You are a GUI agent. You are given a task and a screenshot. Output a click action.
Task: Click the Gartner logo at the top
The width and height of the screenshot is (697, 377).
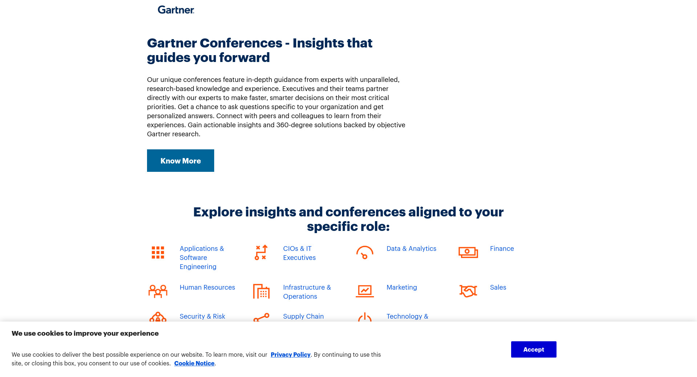click(176, 10)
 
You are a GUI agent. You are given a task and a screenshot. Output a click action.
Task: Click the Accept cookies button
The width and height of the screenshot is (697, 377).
click(534, 349)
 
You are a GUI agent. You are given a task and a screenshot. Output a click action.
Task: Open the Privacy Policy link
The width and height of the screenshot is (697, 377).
click(290, 355)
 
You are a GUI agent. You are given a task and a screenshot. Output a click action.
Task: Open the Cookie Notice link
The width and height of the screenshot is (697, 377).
click(194, 363)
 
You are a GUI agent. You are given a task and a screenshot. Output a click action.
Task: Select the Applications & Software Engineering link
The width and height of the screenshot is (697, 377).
click(202, 258)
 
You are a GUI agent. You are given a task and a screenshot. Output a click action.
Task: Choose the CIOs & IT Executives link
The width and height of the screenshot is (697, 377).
click(299, 253)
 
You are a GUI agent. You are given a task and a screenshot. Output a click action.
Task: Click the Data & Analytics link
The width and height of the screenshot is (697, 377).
click(411, 249)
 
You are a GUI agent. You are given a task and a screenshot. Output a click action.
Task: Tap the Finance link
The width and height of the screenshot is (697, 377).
click(502, 249)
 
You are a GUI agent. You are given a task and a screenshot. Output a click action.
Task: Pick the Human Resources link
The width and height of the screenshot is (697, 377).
click(207, 287)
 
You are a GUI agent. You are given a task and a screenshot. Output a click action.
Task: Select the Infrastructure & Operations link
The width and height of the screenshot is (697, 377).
click(307, 292)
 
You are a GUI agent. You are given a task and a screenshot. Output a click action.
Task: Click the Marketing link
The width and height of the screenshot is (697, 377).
click(402, 287)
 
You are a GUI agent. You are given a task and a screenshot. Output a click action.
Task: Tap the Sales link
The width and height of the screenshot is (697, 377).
click(498, 287)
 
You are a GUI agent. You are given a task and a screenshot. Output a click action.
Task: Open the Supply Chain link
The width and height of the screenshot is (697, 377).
click(303, 316)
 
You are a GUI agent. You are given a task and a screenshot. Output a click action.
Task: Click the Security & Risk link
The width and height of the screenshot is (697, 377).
click(202, 316)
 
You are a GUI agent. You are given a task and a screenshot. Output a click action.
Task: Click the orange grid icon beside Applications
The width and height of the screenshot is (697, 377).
click(158, 253)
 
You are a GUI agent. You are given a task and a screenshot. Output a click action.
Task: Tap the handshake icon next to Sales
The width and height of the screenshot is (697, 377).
click(468, 291)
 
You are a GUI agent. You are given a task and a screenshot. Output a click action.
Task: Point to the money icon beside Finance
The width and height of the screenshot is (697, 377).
click(468, 252)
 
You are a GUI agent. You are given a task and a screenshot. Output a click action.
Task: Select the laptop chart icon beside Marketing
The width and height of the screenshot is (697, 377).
click(365, 291)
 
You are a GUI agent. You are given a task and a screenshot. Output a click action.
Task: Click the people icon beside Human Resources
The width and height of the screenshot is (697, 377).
click(158, 291)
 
